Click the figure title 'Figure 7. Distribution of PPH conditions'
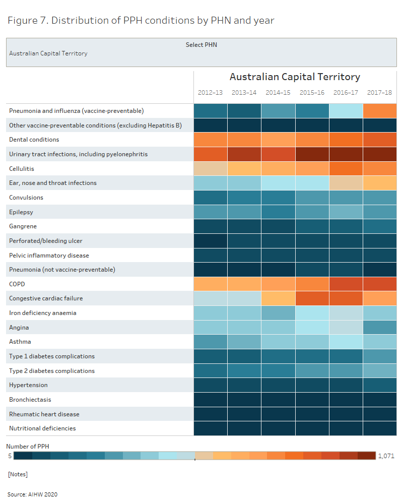[x=141, y=21]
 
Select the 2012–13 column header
[x=210, y=93]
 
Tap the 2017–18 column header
[x=379, y=93]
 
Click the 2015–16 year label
[x=312, y=93]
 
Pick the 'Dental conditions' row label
[x=34, y=140]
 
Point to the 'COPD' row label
[x=17, y=284]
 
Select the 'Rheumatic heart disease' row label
[x=44, y=414]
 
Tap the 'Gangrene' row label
[x=23, y=226]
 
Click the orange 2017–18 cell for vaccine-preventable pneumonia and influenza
[x=379, y=110]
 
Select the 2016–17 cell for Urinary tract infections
[x=346, y=154]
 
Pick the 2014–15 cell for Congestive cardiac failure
[x=278, y=298]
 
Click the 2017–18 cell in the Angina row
[x=379, y=328]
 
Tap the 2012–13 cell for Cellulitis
[x=210, y=168]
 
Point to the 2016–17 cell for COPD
[x=346, y=284]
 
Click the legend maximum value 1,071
[x=386, y=456]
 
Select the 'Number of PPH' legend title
[x=28, y=447]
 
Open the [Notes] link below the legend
[x=18, y=475]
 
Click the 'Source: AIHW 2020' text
[x=32, y=494]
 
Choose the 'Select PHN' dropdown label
[x=201, y=45]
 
